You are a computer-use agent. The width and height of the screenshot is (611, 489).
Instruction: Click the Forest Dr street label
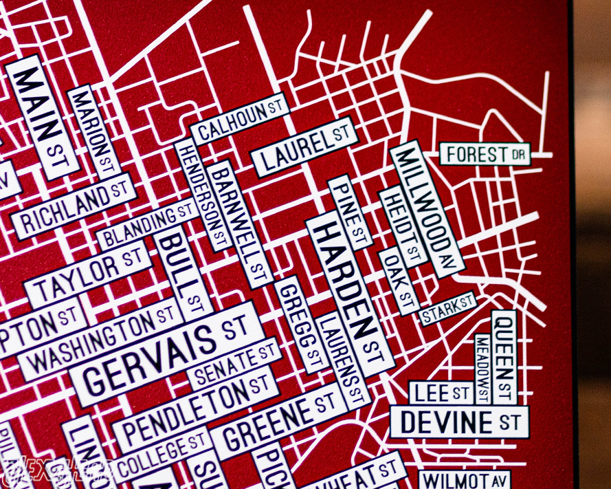[485, 154]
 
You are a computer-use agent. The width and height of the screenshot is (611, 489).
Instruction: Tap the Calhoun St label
[239, 119]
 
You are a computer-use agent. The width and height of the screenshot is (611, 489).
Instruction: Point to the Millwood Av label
[427, 208]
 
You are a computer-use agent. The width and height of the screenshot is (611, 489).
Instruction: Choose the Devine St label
[459, 422]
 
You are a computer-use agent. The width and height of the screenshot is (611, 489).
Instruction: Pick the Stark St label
[447, 309]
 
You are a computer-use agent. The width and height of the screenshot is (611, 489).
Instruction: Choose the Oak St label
[399, 282]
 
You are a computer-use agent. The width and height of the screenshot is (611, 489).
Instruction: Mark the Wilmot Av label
[465, 479]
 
